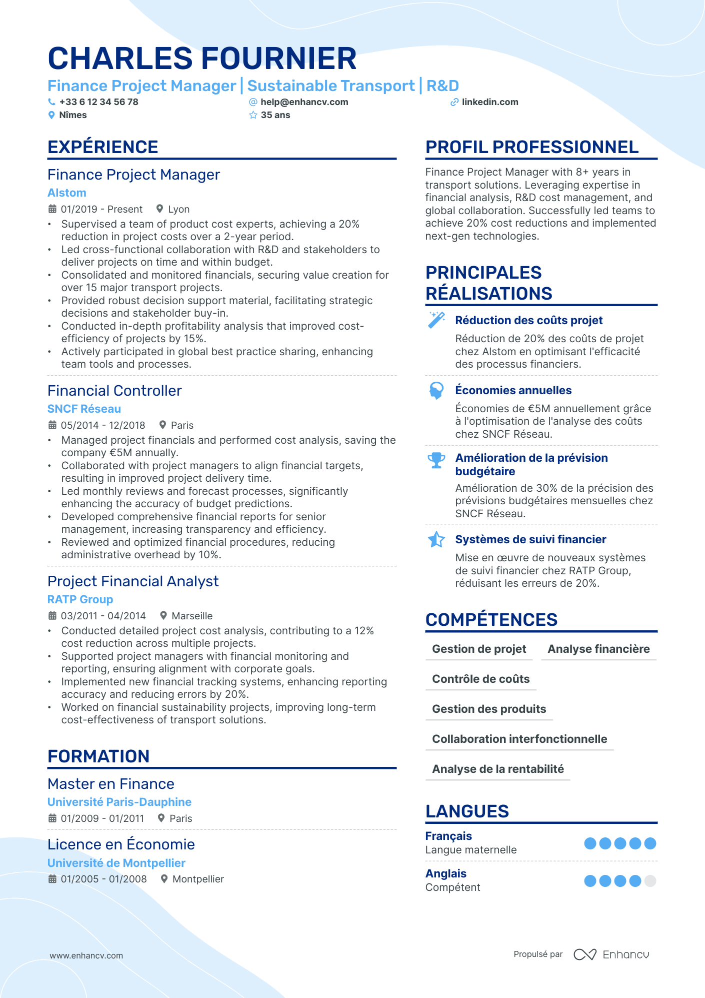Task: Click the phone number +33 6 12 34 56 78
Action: coord(98,102)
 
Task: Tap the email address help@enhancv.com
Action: coord(304,102)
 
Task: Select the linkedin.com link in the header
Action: coord(489,102)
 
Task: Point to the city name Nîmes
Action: coord(73,115)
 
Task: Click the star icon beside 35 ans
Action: coord(253,115)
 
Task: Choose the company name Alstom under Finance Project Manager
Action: coord(67,193)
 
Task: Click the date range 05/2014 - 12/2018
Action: coord(102,425)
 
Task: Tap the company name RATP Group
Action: coord(80,599)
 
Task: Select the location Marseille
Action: coord(192,616)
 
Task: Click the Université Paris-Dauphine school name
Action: coord(119,802)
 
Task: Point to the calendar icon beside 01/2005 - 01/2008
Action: coord(52,879)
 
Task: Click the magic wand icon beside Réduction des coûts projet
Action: coord(436,320)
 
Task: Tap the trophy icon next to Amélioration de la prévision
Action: coord(436,460)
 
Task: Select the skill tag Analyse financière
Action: coord(598,649)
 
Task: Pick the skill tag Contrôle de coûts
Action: coord(480,679)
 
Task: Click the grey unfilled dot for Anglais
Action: coord(650,881)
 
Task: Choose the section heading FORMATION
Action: coord(98,756)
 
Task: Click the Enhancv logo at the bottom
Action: coord(611,954)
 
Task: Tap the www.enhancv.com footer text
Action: coord(86,955)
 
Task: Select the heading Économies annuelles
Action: coord(513,390)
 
